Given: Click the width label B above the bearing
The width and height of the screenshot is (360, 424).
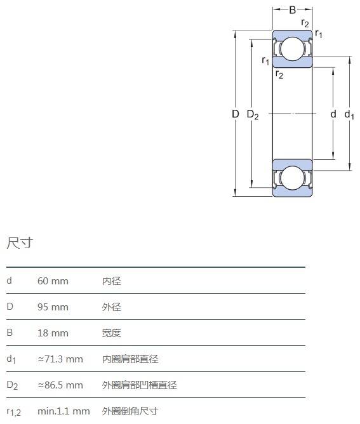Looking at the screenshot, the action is pyautogui.click(x=293, y=10).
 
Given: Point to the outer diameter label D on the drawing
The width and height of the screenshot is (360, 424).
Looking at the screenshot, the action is pyautogui.click(x=236, y=114).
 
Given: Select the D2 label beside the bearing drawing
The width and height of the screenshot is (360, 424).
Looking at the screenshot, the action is pyautogui.click(x=253, y=115).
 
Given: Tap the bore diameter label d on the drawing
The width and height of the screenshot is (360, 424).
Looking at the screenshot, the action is pyautogui.click(x=333, y=114).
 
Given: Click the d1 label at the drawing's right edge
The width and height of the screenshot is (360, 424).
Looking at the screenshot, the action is pyautogui.click(x=349, y=115).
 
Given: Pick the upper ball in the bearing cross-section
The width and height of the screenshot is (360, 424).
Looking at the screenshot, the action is pyautogui.click(x=293, y=49).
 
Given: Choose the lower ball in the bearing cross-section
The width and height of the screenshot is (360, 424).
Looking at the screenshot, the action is pyautogui.click(x=293, y=178).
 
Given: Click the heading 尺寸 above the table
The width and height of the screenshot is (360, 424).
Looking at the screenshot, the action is pyautogui.click(x=20, y=243).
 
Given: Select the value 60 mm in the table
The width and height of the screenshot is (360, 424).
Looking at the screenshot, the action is pyautogui.click(x=53, y=281).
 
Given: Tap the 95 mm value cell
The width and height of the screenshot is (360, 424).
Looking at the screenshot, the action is pyautogui.click(x=53, y=307).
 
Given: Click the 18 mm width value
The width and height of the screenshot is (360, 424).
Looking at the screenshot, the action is pyautogui.click(x=53, y=333).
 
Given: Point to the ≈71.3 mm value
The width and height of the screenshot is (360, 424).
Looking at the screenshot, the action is pyautogui.click(x=60, y=359).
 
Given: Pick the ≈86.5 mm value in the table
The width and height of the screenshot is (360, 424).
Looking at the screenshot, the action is pyautogui.click(x=60, y=385).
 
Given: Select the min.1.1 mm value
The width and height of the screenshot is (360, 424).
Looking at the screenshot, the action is pyautogui.click(x=63, y=411).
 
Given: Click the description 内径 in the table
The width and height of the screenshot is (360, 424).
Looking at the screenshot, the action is pyautogui.click(x=112, y=281).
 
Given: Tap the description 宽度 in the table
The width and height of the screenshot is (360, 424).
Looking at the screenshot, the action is pyautogui.click(x=112, y=333).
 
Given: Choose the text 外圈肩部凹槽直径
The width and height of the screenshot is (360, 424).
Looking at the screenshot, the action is pyautogui.click(x=139, y=385).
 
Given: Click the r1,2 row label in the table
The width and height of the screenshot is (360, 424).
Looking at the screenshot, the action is pyautogui.click(x=13, y=412).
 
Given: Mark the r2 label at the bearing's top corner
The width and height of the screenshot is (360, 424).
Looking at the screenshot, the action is pyautogui.click(x=305, y=23).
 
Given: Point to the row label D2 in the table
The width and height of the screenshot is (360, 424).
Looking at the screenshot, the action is pyautogui.click(x=12, y=385).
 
